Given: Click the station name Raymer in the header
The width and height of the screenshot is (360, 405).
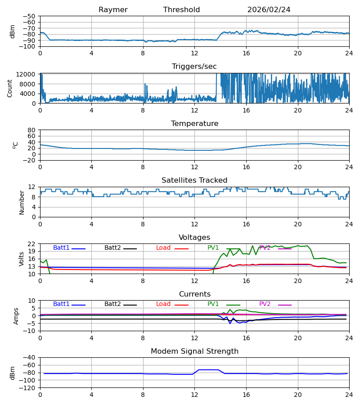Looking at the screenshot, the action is pyautogui.click(x=113, y=10).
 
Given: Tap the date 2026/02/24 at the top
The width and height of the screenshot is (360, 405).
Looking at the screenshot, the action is pyautogui.click(x=269, y=10).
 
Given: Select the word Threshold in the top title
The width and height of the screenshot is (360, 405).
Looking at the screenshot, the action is pyautogui.click(x=181, y=10).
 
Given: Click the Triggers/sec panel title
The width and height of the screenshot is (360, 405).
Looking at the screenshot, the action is pyautogui.click(x=194, y=67).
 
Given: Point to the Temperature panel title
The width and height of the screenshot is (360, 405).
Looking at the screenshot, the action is pyautogui.click(x=194, y=123).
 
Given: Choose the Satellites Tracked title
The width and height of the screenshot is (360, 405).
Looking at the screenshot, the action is pyautogui.click(x=194, y=180).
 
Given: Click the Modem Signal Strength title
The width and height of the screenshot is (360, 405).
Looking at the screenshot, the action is pyautogui.click(x=194, y=351).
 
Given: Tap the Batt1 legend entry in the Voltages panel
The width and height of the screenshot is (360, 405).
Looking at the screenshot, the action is pyautogui.click(x=69, y=247).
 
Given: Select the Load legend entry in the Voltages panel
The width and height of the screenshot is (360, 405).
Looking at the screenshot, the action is pyautogui.click(x=172, y=247).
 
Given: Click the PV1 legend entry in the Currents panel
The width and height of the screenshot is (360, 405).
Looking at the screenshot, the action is pyautogui.click(x=224, y=304).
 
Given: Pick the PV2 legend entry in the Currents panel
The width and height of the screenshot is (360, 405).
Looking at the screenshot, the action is pyautogui.click(x=275, y=304).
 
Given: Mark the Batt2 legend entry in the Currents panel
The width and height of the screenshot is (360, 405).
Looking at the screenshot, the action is pyautogui.click(x=121, y=304).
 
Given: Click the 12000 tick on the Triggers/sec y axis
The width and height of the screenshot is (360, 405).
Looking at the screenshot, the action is pyautogui.click(x=26, y=74).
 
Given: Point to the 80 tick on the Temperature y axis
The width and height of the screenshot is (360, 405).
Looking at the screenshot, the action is pyautogui.click(x=31, y=130).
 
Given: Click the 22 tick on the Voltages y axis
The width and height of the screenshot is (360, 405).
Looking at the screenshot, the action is pyautogui.click(x=31, y=244).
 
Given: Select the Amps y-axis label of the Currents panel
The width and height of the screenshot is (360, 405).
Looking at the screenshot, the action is pyautogui.click(x=16, y=316).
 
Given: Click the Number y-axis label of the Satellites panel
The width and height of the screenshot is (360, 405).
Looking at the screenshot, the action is pyautogui.click(x=22, y=202).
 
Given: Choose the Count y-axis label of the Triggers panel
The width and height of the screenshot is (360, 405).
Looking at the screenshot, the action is pyautogui.click(x=10, y=88).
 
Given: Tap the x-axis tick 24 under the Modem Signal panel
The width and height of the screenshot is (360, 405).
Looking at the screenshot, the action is pyautogui.click(x=349, y=395).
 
